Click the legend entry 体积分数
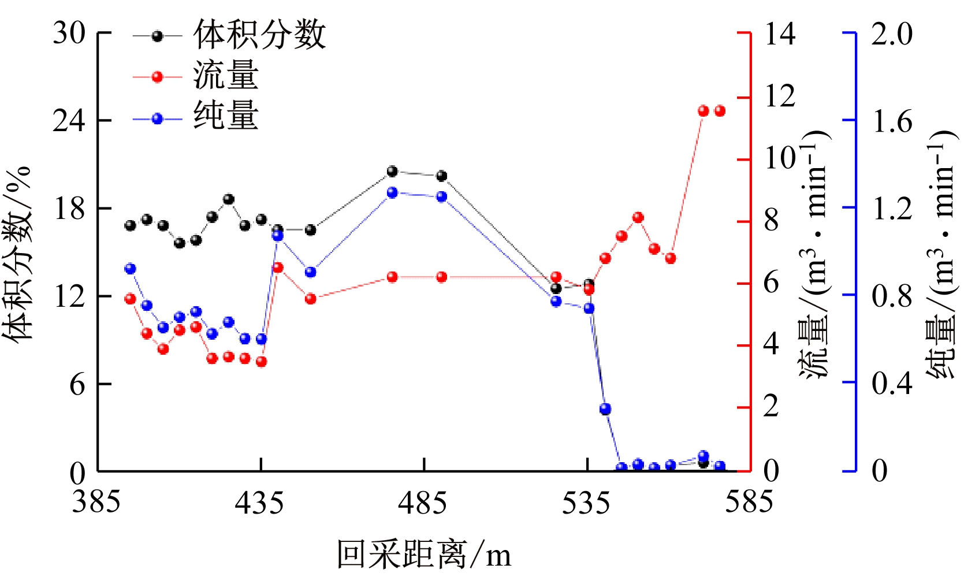click(259, 35)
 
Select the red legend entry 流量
click(225, 76)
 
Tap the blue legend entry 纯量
click(225, 117)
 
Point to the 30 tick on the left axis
click(69, 33)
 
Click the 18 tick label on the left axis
click(69, 209)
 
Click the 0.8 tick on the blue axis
click(891, 296)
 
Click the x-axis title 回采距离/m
click(424, 555)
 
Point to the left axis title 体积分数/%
click(17, 254)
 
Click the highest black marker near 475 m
click(392, 171)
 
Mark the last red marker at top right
click(720, 111)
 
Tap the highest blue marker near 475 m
click(392, 192)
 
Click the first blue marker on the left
click(130, 269)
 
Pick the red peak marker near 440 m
click(278, 267)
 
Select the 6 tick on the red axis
click(771, 283)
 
